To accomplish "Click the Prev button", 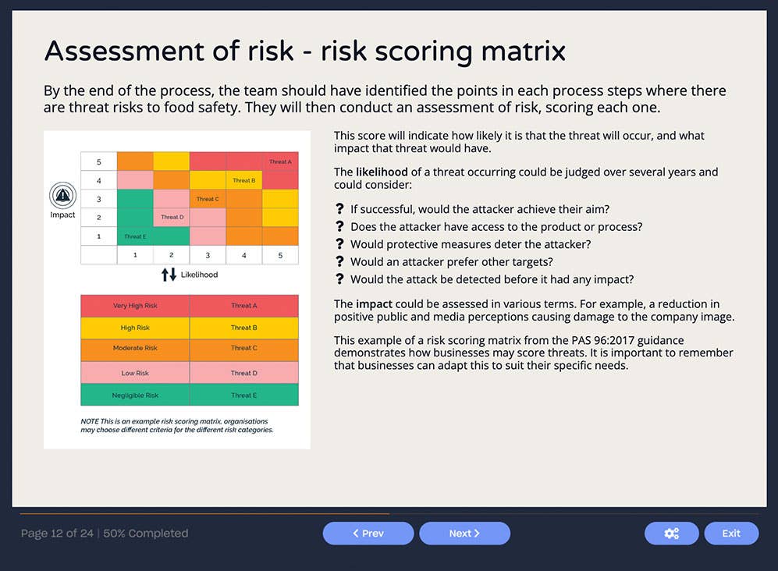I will (368, 534).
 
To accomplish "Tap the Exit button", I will (731, 534).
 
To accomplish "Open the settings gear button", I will (671, 534).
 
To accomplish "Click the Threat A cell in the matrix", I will (280, 161).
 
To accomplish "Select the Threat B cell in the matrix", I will (243, 180).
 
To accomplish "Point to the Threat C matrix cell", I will (208, 199).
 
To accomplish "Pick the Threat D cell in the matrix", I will (171, 218).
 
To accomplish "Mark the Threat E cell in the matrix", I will (134, 236).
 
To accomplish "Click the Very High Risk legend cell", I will (135, 306).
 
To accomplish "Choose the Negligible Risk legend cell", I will (135, 395).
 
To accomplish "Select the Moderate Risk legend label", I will (135, 348).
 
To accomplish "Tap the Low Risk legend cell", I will (135, 373).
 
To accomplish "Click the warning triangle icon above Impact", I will (62, 194).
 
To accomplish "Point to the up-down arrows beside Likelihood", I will (169, 275).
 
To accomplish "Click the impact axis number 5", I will (99, 162).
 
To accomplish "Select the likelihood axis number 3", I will (208, 255).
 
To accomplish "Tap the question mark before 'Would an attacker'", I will (339, 262).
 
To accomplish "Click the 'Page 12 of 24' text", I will (57, 534).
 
